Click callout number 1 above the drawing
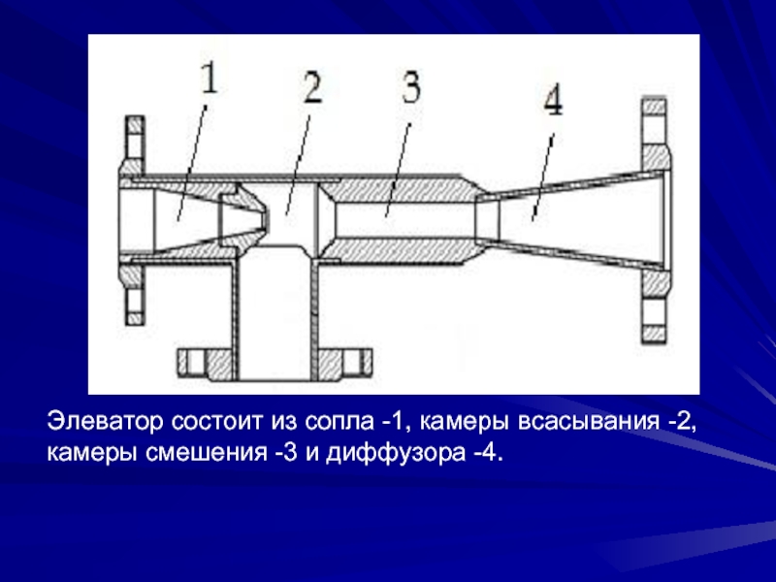210,80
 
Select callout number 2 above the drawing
312,87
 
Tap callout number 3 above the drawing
411,86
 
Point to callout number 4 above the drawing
553,100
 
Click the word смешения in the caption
207,453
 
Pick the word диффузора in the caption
396,453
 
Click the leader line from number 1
192,162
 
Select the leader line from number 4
543,177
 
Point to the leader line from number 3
399,170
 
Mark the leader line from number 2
298,165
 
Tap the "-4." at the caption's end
489,453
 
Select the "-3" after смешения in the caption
286,453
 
